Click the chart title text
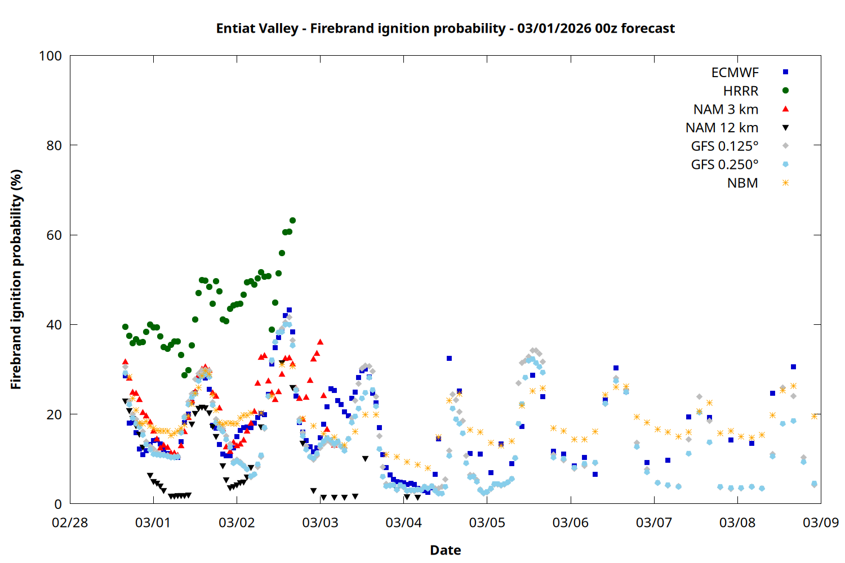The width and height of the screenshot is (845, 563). coord(445,28)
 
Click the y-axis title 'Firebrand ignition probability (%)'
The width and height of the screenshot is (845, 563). coord(16,279)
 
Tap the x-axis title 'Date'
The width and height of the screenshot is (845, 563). coord(445,550)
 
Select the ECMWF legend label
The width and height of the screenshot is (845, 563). coord(735,73)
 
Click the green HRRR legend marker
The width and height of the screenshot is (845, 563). coord(785,91)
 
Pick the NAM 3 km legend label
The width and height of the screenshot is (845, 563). coord(726,109)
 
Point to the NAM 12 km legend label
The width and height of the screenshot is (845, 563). coord(722,128)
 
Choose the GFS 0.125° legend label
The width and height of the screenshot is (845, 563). coord(724,146)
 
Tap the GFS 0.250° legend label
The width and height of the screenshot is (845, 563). coord(724,164)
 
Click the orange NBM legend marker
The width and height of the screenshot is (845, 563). coord(785,183)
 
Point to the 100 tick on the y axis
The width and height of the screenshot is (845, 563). coord(50,56)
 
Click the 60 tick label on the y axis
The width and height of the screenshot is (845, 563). coord(54,235)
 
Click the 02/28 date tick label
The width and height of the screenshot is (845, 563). coord(70,522)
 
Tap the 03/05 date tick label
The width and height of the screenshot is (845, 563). coord(487,522)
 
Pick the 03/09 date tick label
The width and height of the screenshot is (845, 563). coord(820,522)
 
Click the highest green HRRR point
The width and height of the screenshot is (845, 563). coord(292,220)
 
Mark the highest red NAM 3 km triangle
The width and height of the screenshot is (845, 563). coord(320,342)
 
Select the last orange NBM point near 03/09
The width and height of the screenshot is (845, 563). coord(814,416)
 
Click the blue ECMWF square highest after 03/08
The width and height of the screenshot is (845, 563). coord(793,367)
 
